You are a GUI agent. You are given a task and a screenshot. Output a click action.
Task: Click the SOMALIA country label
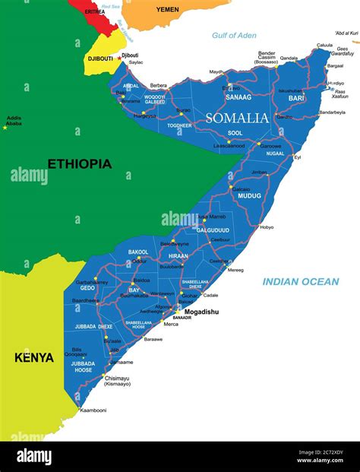[236, 118]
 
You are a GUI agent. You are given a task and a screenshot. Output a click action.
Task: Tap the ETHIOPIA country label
[79, 163]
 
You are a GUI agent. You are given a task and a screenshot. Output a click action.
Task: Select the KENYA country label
[34, 356]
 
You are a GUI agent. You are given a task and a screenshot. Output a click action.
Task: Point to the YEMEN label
[169, 9]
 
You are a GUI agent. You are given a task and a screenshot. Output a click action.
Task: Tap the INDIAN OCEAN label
[301, 282]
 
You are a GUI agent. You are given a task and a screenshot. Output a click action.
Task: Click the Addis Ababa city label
[14, 121]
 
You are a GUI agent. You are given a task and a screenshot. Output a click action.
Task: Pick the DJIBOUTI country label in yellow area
[100, 58]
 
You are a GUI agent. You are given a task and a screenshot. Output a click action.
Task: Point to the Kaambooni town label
[93, 410]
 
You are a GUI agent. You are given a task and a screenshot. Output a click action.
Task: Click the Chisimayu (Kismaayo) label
[118, 380]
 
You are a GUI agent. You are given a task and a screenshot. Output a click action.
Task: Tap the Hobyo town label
[267, 227]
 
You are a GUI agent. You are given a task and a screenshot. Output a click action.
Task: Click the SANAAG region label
[238, 97]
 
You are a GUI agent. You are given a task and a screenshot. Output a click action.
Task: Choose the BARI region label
[295, 98]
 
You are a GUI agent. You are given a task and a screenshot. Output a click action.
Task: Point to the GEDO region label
[87, 288]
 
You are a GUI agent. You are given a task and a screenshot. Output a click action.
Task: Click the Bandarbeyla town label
[332, 112]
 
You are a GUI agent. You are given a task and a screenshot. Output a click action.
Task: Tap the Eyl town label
[298, 157]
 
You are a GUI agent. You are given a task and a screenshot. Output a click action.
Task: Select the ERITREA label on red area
[95, 12]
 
